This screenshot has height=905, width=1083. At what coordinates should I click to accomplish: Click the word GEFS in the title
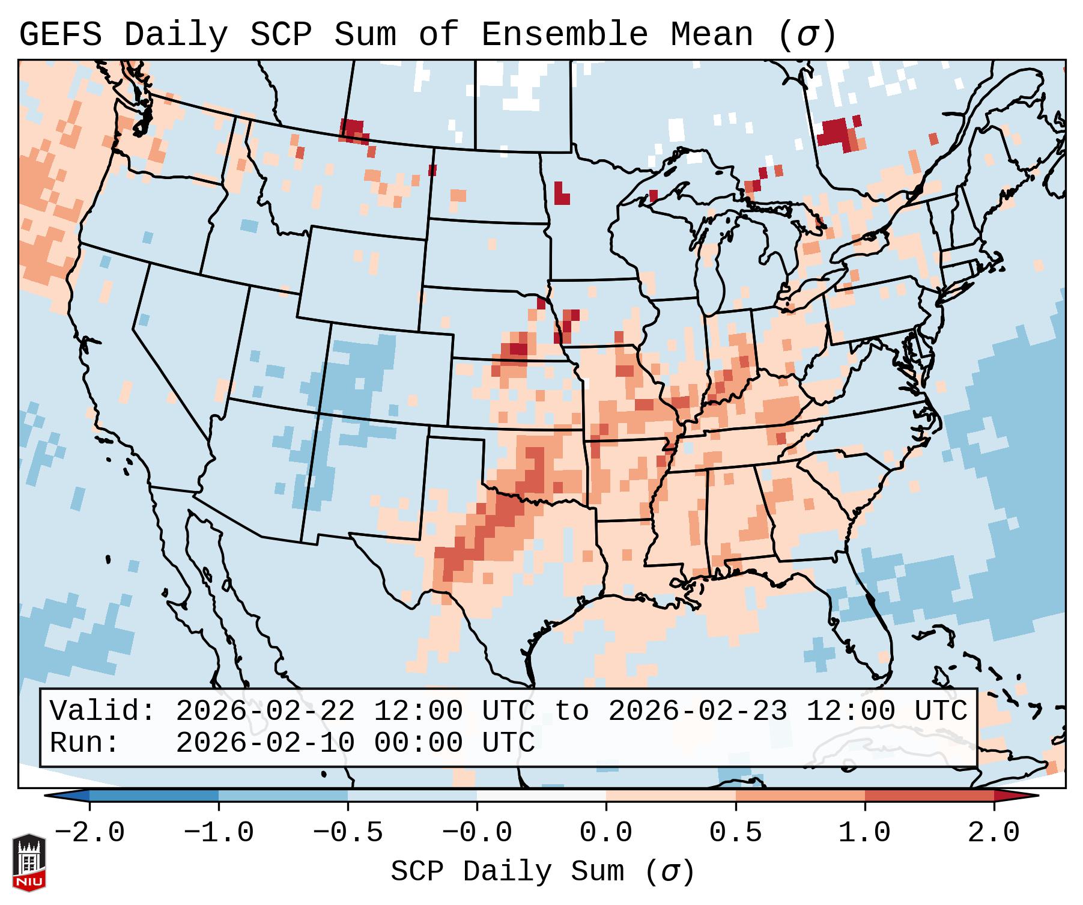point(60,35)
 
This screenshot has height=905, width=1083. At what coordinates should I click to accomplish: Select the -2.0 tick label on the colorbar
point(89,833)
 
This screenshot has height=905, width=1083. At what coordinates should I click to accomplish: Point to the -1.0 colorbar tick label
point(219,833)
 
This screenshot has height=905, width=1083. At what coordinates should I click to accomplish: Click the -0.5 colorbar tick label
point(348,833)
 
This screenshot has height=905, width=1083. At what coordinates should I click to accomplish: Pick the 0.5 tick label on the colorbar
point(735,833)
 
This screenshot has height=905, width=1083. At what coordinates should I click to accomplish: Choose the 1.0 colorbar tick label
point(864,833)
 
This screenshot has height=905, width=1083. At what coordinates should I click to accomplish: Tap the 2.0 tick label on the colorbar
point(994,833)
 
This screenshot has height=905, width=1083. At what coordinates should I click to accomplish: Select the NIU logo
point(29,862)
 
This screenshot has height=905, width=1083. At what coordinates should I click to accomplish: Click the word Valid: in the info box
point(102,711)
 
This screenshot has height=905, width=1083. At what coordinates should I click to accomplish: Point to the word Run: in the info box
point(84,743)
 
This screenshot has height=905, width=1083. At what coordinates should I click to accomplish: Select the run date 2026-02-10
point(265,743)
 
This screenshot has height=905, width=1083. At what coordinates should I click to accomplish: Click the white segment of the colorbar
point(541,796)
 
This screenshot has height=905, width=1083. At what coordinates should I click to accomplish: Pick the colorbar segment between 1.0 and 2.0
point(929,796)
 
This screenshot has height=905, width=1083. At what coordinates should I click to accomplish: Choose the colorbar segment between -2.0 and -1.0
point(154,796)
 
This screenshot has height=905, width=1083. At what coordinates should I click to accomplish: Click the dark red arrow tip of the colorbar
point(1015,796)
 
